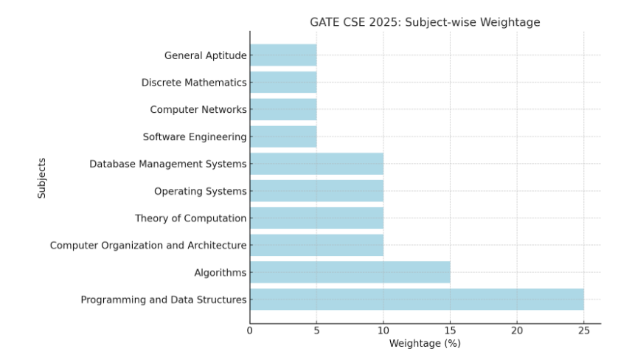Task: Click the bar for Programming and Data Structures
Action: tap(417, 300)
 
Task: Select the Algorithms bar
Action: tap(350, 272)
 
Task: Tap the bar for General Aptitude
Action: tap(283, 55)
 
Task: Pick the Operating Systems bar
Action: tap(316, 191)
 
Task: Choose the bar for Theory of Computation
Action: tap(316, 218)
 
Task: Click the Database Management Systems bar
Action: tap(316, 164)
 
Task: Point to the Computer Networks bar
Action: tap(283, 109)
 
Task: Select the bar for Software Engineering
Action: tap(283, 136)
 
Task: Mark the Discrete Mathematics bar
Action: tap(283, 83)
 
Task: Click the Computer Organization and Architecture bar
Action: tap(316, 245)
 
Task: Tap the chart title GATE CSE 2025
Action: tap(425, 22)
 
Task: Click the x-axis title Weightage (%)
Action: tap(425, 344)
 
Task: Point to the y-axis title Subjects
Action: tap(42, 177)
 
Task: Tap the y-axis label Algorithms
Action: tap(220, 272)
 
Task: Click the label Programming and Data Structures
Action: tap(164, 300)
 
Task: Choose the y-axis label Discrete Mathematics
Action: tap(194, 83)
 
